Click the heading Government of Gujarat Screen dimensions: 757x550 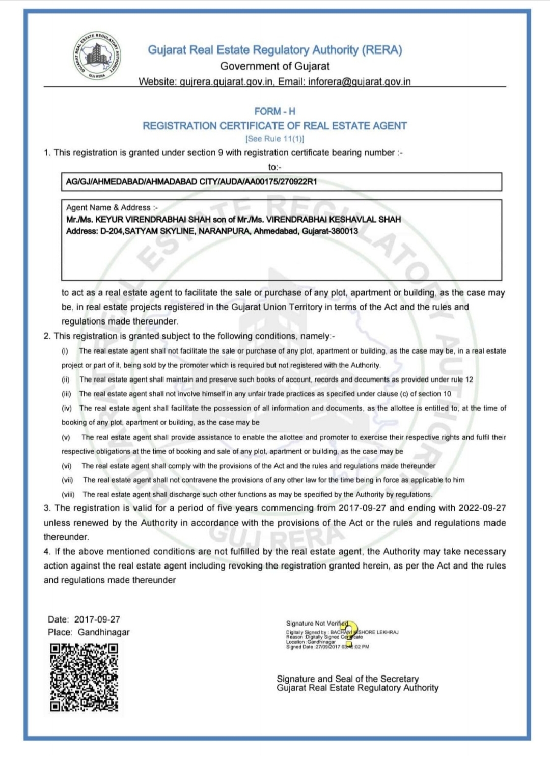[274, 66]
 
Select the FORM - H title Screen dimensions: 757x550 [274, 111]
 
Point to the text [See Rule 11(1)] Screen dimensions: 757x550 [274, 139]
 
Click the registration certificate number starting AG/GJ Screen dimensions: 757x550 [191, 182]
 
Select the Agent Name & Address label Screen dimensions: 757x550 [112, 207]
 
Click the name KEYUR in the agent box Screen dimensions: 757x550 [109, 220]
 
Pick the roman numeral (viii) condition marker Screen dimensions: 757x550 [68, 494]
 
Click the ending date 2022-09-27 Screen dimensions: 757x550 [482, 508]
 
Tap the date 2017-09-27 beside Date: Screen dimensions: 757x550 [97, 619]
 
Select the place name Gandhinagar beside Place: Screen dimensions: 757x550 [104, 632]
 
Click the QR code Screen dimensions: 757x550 [84, 677]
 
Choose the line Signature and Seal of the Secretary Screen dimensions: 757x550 [347, 679]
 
